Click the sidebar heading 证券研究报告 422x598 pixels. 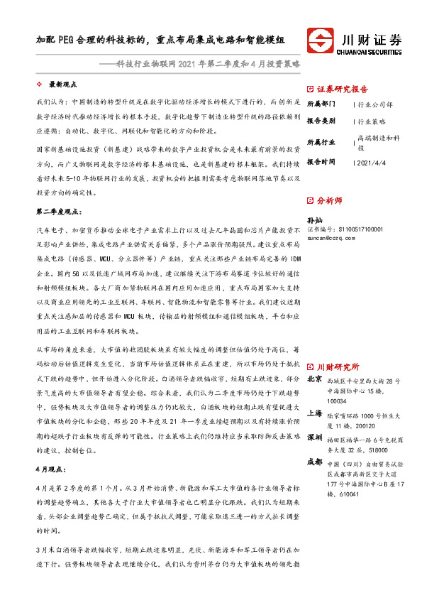tap(342, 89)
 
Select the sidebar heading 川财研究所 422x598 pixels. tap(338, 367)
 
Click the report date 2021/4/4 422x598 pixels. tap(372, 163)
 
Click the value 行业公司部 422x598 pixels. tap(376, 104)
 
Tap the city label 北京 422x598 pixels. tap(313, 381)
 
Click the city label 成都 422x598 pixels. tap(313, 462)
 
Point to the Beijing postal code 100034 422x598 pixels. tap(338, 401)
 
